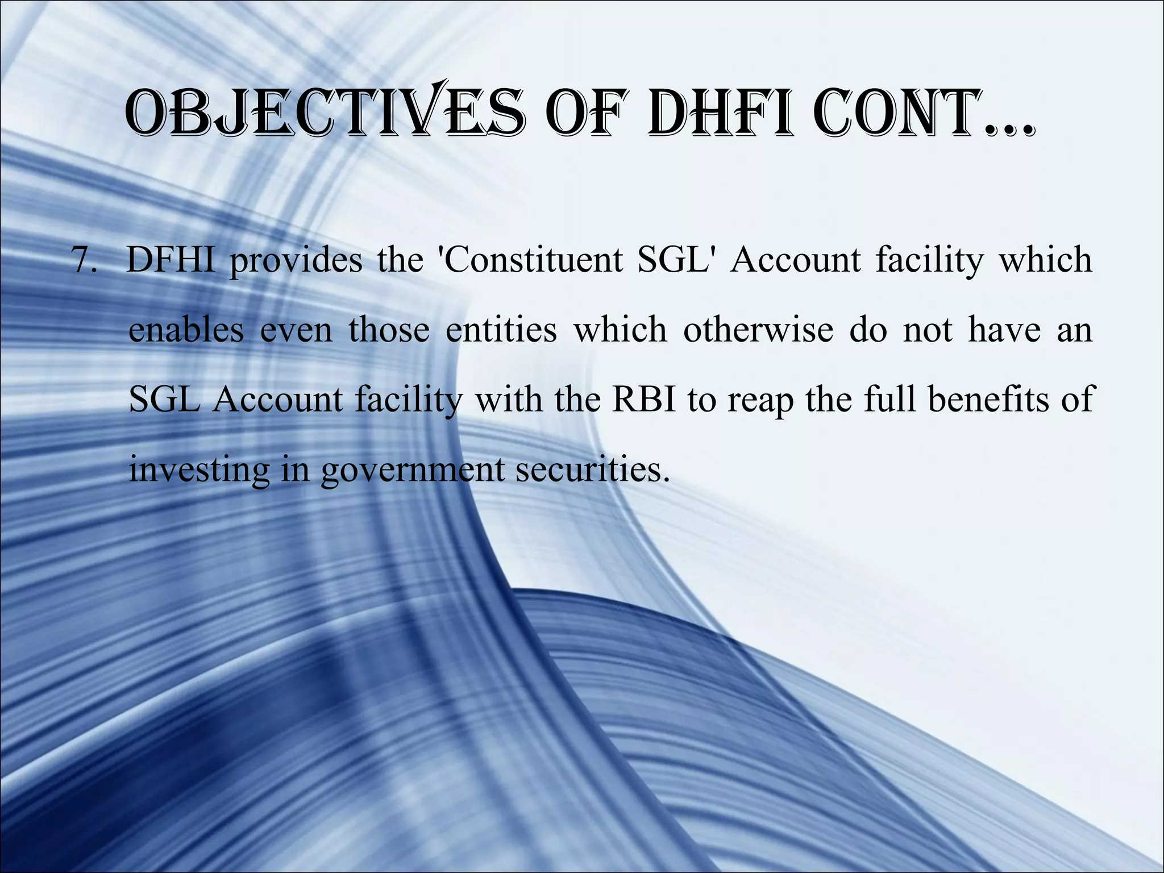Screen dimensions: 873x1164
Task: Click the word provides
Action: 296,261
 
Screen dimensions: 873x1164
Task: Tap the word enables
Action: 186,330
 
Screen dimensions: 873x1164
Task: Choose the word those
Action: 389,330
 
